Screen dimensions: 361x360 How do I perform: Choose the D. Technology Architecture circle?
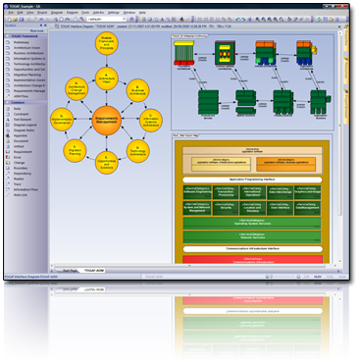[139, 151]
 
